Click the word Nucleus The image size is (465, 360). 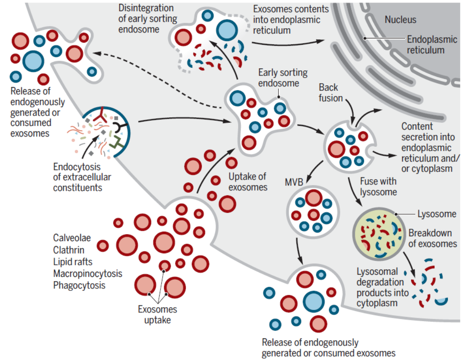coord(400,20)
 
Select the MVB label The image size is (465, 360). coord(294,183)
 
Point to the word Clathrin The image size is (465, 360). coord(69,250)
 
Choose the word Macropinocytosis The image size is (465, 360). coord(88,273)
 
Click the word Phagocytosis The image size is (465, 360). coord(79,285)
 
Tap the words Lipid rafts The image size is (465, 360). coord(73,261)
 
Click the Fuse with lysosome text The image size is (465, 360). coord(378,186)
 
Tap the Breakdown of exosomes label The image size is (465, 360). coord(433,238)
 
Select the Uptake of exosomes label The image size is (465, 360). coord(248,181)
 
